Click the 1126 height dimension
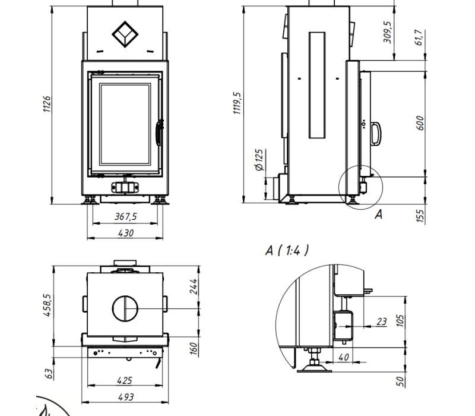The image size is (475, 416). click(47, 105)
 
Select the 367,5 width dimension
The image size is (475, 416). click(125, 216)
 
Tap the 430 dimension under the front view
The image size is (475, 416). click(125, 233)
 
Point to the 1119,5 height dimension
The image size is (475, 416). click(237, 103)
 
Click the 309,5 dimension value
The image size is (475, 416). click(388, 32)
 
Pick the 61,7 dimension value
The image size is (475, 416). click(419, 37)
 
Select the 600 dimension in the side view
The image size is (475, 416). click(420, 123)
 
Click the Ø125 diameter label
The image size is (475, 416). click(259, 160)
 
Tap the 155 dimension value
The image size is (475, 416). click(420, 216)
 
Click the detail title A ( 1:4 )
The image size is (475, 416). click(287, 250)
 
